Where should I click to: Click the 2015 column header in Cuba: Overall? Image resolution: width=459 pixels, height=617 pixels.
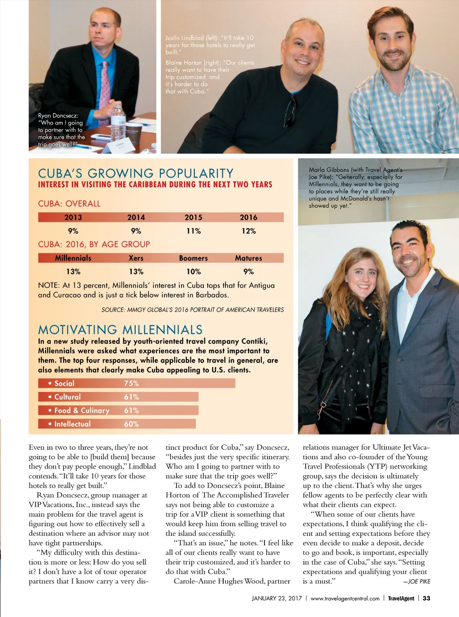[193, 217]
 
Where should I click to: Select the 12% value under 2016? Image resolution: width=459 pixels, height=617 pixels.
[248, 231]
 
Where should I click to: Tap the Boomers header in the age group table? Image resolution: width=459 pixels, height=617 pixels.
[193, 258]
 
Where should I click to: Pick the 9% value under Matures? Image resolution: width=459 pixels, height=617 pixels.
[248, 272]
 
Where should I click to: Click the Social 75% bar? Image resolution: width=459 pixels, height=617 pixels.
[137, 383]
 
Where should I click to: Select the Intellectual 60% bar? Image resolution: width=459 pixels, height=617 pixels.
[117, 424]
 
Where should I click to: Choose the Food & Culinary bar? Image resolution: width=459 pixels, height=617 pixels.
[118, 410]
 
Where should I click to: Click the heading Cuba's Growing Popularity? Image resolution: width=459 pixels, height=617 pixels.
[136, 174]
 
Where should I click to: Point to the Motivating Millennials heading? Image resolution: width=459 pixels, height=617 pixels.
[120, 330]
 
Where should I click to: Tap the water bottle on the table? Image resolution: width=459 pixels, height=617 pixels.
[118, 122]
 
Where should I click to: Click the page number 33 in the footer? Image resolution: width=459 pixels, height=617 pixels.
[426, 598]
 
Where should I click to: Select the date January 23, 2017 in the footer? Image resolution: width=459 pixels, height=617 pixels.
[277, 598]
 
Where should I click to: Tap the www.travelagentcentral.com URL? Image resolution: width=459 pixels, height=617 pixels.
[345, 598]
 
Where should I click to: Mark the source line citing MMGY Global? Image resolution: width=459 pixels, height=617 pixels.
[192, 310]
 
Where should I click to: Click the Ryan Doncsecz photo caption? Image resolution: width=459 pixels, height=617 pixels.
[61, 130]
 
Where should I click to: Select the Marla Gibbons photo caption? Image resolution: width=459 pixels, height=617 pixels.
[355, 187]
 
